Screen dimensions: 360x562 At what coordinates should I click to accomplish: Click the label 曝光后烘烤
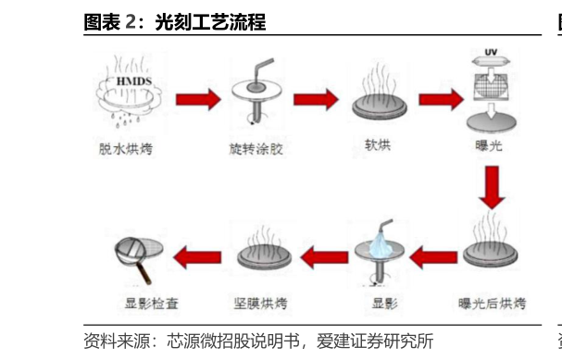pos(493,303)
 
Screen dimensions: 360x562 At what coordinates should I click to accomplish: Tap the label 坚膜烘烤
pos(261,303)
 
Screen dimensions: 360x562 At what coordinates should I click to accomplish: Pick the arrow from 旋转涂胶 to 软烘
pos(318,97)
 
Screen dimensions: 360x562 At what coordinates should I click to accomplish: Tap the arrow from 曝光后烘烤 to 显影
pos(435,255)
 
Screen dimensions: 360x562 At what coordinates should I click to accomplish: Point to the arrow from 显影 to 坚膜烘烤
pos(320,255)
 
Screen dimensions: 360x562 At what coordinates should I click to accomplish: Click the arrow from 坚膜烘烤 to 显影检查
pos(197,255)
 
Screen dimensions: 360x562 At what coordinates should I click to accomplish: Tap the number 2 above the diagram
pos(131,21)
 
